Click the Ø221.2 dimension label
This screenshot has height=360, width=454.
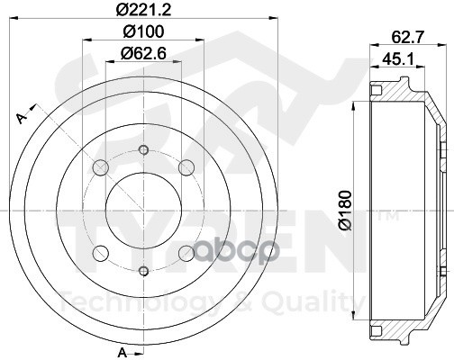144,10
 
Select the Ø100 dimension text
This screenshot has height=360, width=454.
144,31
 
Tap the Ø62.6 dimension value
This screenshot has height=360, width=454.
144,54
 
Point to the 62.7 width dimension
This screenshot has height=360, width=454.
407,37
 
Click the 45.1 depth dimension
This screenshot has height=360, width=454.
398,59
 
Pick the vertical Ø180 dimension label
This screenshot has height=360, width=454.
346,211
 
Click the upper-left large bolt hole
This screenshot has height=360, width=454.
101,167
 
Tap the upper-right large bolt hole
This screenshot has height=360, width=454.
186,167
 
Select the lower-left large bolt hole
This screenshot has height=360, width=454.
101,253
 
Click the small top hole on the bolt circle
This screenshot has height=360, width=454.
144,149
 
